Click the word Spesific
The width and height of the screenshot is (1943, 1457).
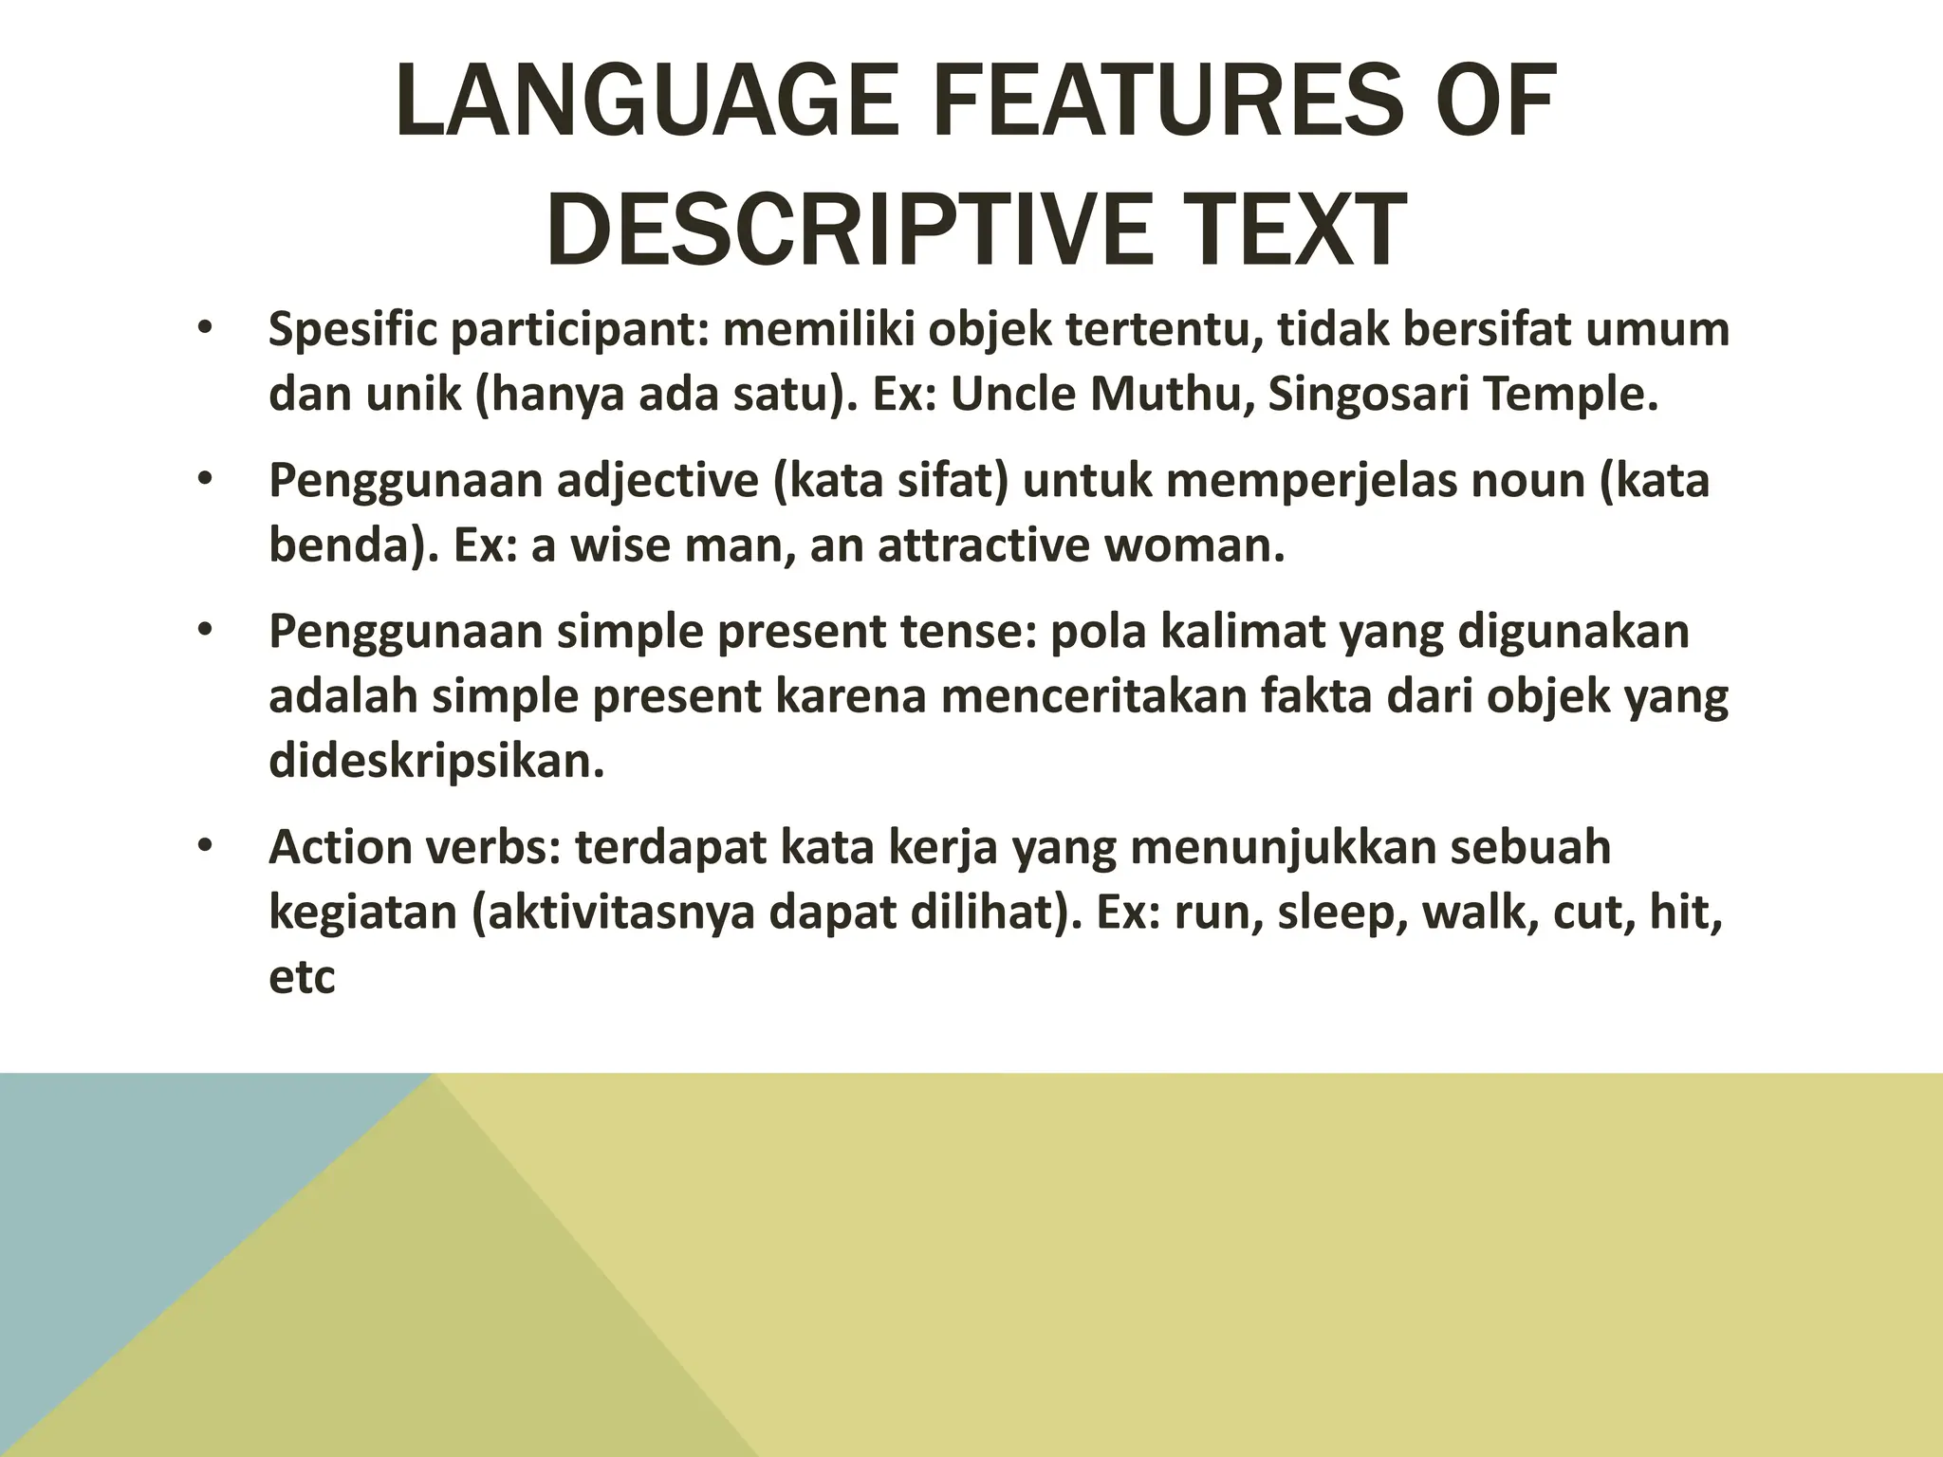[352, 330]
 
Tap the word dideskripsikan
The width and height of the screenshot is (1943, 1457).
[436, 761]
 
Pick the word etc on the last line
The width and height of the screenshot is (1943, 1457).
[302, 977]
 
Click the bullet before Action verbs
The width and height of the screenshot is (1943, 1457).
[204, 846]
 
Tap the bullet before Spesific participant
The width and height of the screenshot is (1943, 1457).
[204, 330]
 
